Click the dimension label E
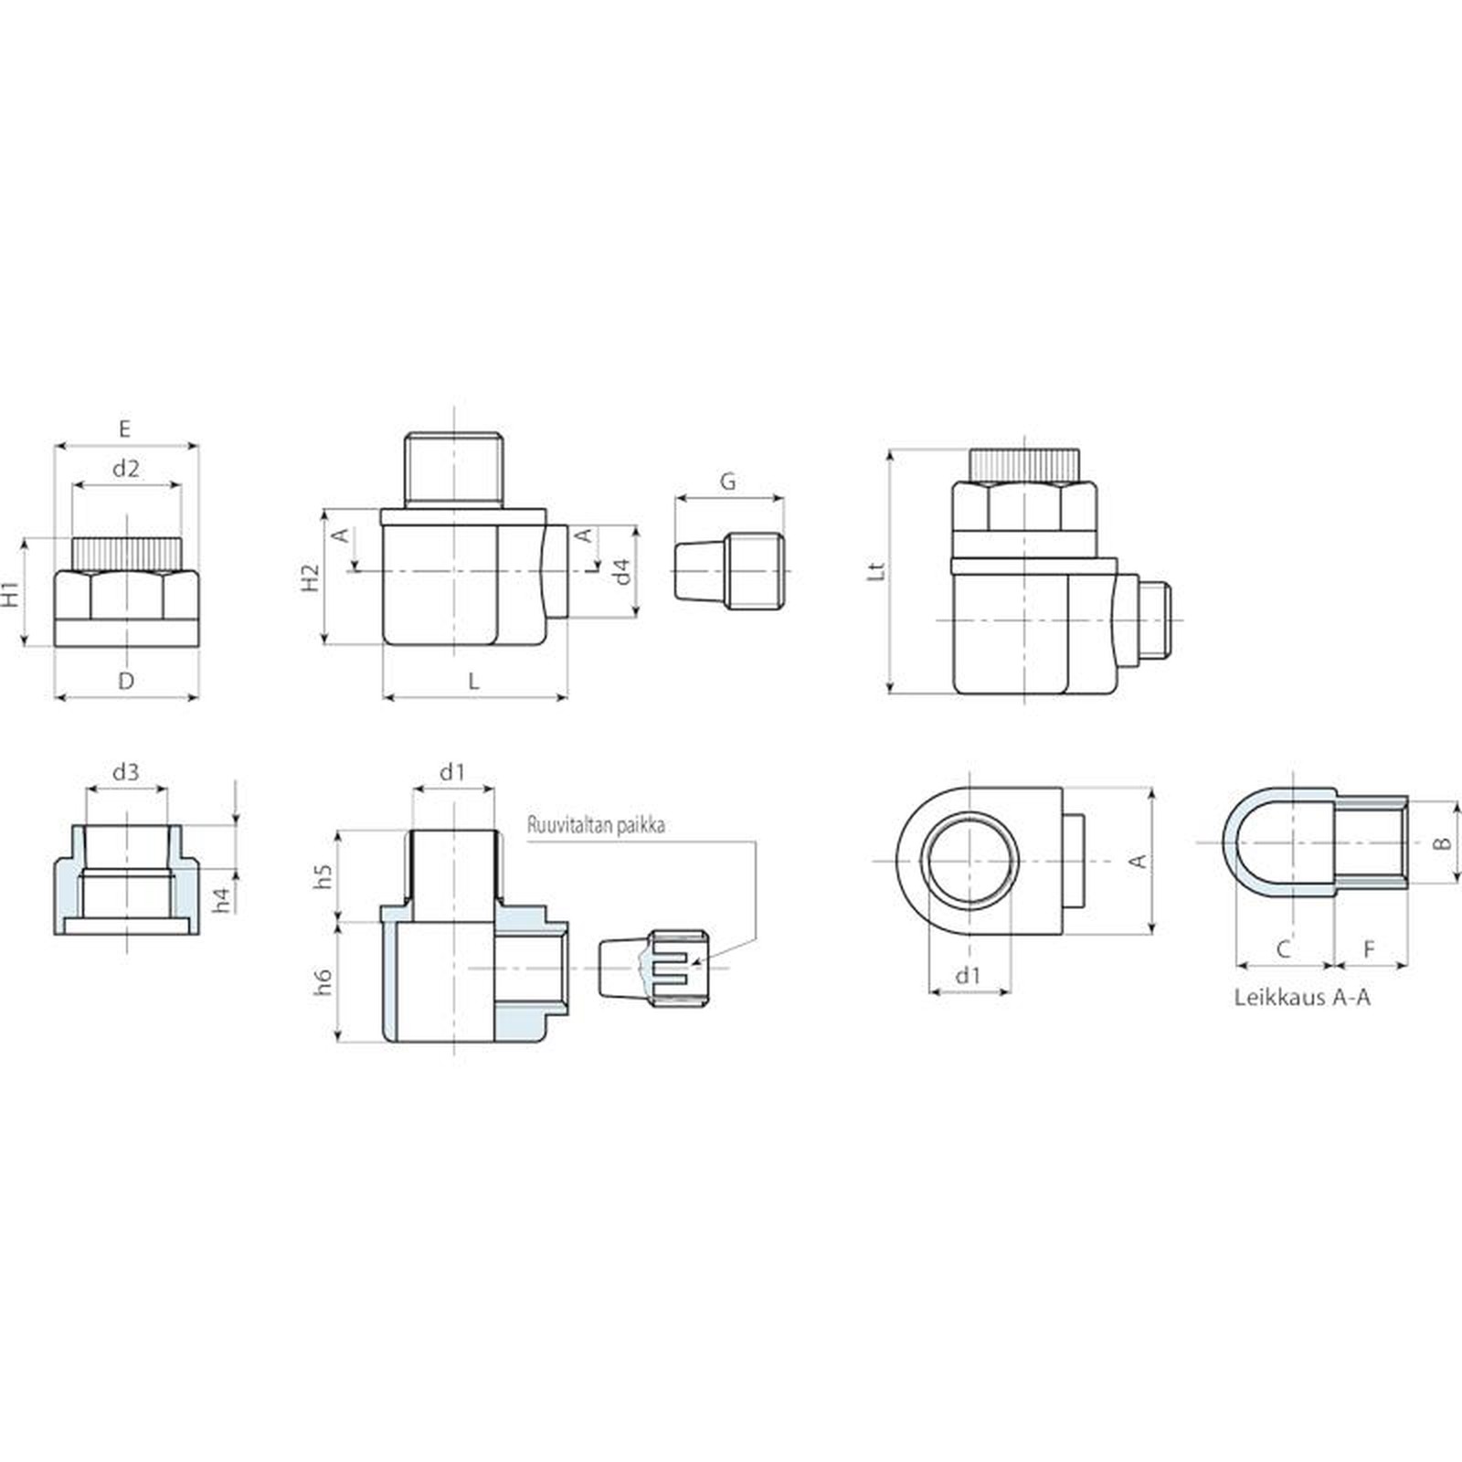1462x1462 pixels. (x=125, y=429)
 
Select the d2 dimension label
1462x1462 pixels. (x=126, y=469)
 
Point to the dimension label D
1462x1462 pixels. (x=126, y=680)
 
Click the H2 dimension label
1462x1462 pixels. (x=311, y=577)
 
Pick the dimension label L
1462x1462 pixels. (x=473, y=681)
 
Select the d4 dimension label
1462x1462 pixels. (x=621, y=572)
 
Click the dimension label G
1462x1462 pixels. (x=728, y=482)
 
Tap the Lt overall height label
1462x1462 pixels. (x=876, y=570)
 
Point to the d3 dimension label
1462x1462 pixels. (x=126, y=772)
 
